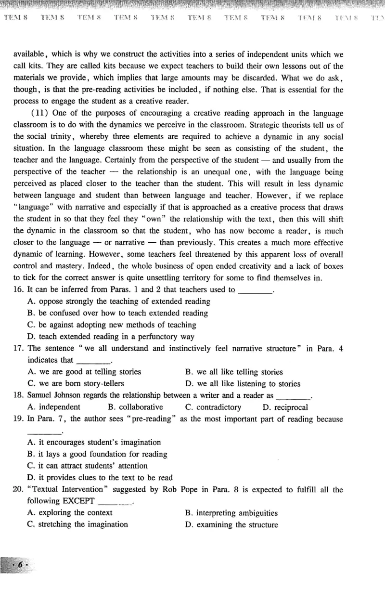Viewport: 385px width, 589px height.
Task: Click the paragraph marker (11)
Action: click(38, 113)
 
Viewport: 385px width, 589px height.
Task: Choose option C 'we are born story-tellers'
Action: click(76, 383)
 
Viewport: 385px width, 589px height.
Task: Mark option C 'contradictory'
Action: click(213, 407)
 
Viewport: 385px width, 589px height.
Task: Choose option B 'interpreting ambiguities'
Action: click(231, 513)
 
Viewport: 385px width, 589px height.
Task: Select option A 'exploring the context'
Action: click(70, 512)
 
